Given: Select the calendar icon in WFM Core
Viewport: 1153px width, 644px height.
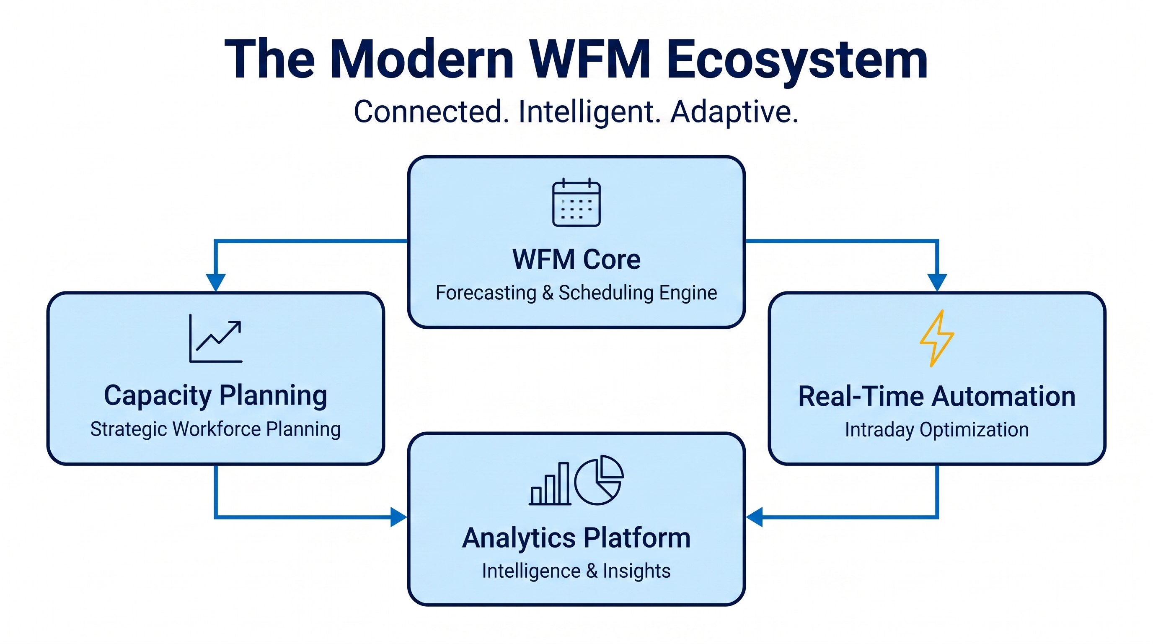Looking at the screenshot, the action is [576, 203].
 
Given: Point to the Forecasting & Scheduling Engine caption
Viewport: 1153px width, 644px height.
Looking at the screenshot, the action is [576, 293].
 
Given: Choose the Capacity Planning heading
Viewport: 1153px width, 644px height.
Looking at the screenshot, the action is [216, 396].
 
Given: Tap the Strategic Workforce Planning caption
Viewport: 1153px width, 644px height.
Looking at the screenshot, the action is [216, 429].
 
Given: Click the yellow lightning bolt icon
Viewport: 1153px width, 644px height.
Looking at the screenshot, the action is [937, 339].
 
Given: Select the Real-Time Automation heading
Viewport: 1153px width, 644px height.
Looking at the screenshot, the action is [937, 396].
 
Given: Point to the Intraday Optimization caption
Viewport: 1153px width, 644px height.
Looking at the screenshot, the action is [937, 429].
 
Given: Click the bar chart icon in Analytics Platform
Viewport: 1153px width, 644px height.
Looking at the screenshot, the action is [550, 484].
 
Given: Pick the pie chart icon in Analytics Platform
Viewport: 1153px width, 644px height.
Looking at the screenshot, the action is [599, 480].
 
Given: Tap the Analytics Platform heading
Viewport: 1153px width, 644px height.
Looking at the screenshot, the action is [576, 538].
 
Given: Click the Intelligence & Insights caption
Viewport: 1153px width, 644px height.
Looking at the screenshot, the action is [576, 571].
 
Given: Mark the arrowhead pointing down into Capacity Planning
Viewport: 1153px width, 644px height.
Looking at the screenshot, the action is [216, 283].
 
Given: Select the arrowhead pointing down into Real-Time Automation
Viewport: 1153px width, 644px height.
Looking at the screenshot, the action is [937, 283].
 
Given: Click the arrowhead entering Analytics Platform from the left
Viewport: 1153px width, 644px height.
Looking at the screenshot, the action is [398, 517].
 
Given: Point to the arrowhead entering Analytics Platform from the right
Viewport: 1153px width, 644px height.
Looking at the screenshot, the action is [754, 517].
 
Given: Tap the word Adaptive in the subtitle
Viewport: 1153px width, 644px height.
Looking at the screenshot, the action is [734, 112].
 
